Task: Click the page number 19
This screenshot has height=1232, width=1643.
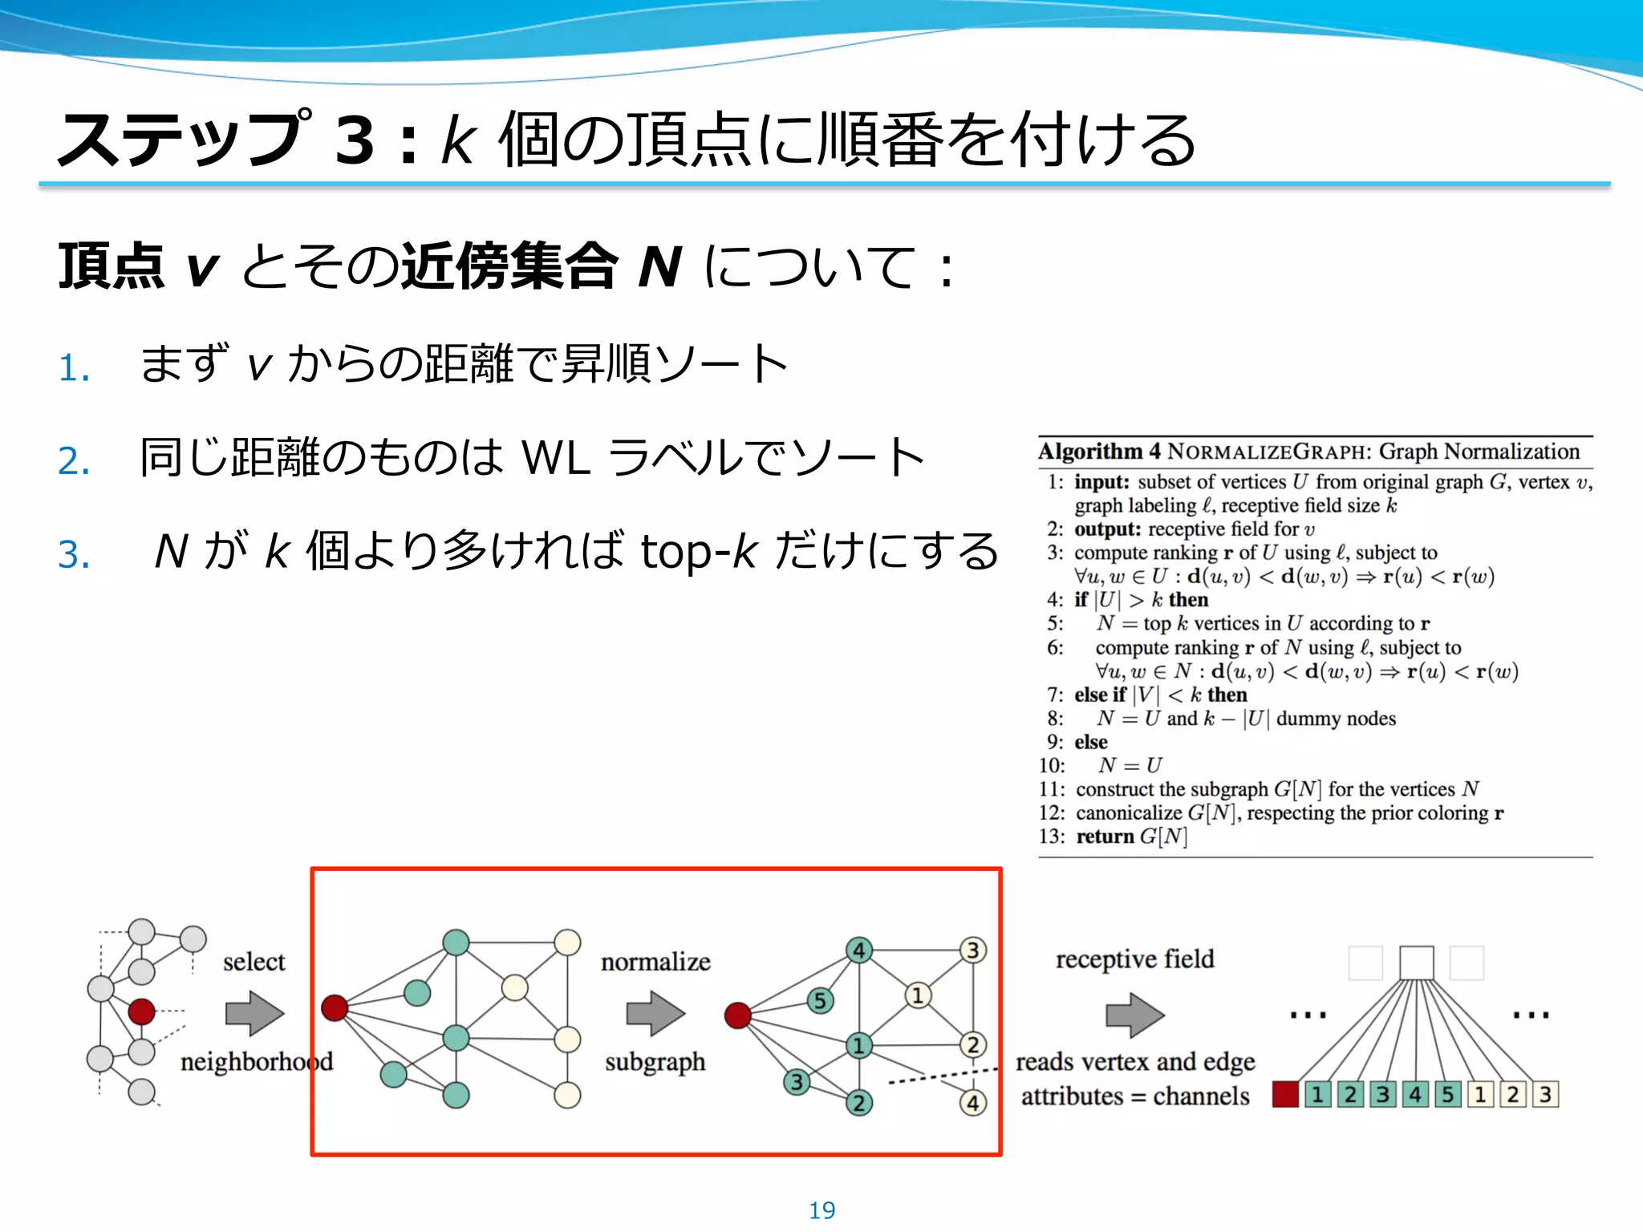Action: (821, 1210)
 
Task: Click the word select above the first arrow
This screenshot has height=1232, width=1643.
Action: (254, 961)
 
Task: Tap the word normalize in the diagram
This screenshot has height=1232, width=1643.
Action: (655, 961)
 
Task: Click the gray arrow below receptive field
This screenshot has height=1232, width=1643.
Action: (1134, 1015)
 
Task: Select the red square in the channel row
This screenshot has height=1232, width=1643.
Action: (1285, 1094)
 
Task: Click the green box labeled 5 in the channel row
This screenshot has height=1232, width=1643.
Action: (1447, 1094)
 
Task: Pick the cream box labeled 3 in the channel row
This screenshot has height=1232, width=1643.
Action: (1545, 1094)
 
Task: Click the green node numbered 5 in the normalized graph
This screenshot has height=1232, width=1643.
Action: (820, 1000)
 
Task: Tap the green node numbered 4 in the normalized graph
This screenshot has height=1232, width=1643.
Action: (859, 950)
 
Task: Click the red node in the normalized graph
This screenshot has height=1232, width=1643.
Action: (737, 1015)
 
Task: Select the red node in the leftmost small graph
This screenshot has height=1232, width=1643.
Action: (141, 1011)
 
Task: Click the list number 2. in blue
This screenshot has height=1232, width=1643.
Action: (74, 461)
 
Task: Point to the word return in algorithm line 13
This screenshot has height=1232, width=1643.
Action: (1105, 837)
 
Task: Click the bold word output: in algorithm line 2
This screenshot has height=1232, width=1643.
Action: (1107, 529)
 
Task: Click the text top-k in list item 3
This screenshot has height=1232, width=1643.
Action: (698, 552)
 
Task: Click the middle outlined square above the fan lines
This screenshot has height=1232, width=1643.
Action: (1416, 962)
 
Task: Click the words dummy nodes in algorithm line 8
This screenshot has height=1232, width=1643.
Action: (1336, 719)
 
